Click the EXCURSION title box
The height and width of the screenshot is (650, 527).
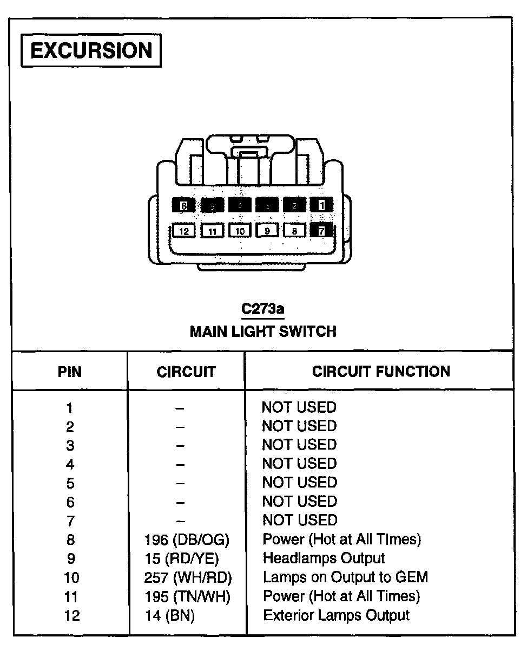(91, 51)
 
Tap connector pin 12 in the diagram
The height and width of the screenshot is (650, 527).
(185, 231)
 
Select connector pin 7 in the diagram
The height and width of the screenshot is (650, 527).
(321, 231)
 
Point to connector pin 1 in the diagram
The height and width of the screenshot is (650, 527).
(322, 205)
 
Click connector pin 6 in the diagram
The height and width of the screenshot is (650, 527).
(184, 206)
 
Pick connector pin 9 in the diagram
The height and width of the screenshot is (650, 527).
(267, 231)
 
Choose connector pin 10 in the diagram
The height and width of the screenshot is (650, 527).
(240, 231)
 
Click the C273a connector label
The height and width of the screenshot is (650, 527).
(263, 309)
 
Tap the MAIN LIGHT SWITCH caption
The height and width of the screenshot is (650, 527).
(263, 331)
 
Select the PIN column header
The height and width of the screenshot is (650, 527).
(70, 372)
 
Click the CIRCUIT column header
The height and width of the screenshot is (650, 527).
(186, 372)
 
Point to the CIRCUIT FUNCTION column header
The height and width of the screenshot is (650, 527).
(381, 372)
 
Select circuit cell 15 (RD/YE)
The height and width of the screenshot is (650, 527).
(182, 558)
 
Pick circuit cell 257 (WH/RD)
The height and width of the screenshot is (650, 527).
(188, 577)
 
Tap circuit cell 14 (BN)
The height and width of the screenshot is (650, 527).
(169, 616)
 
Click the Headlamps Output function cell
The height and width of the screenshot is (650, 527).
(324, 558)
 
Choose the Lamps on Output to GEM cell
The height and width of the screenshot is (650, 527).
(345, 577)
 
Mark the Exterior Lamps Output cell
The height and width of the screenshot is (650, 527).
(336, 615)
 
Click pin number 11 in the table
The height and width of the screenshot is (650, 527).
(71, 597)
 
